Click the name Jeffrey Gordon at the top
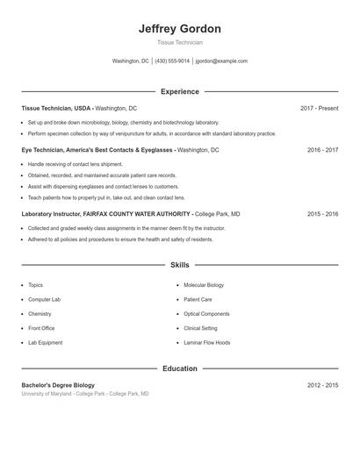click(x=179, y=29)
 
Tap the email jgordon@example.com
click(x=221, y=61)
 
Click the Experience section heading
click(x=179, y=91)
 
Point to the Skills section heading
click(x=179, y=264)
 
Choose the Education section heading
click(x=179, y=368)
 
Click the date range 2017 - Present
click(x=319, y=108)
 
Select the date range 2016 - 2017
click(x=322, y=150)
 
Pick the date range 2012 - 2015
click(x=322, y=385)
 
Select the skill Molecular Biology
click(x=204, y=285)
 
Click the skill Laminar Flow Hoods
click(x=207, y=342)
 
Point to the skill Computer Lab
click(x=44, y=299)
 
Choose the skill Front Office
click(x=41, y=328)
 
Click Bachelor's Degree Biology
click(x=58, y=385)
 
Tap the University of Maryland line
click(x=85, y=394)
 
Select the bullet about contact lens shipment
click(x=76, y=164)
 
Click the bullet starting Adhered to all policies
click(x=120, y=239)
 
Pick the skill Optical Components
click(x=206, y=313)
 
